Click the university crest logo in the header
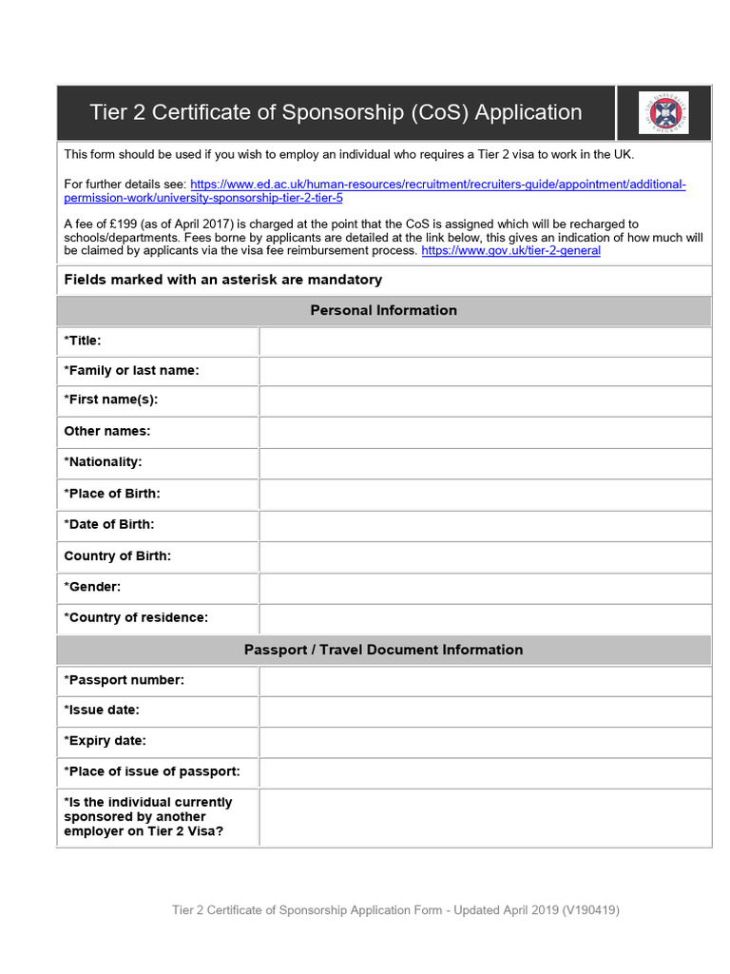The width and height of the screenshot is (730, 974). [663, 112]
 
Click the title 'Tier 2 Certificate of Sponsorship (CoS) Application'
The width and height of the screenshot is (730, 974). [336, 112]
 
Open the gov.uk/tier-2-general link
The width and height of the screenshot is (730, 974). [510, 251]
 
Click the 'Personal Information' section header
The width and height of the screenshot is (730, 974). [383, 310]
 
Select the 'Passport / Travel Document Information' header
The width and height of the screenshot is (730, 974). [383, 650]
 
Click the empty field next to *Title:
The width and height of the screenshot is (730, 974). [485, 341]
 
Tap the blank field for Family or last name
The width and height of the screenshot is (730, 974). [485, 371]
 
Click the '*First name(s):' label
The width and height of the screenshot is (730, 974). [111, 399]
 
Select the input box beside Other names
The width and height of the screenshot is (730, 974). [485, 432]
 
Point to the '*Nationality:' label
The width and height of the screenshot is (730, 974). [103, 462]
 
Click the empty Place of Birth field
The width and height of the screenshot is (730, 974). [485, 494]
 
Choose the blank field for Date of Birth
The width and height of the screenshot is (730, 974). [485, 524]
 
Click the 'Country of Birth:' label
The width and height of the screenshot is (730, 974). [118, 555]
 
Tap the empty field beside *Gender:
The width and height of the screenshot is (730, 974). [485, 587]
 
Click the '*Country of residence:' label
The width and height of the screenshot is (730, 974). [136, 617]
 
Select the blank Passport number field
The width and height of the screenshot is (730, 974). [485, 680]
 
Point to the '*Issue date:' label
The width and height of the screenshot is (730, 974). [102, 710]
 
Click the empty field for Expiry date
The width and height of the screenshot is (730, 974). [485, 741]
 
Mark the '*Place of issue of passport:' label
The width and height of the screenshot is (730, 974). [152, 771]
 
